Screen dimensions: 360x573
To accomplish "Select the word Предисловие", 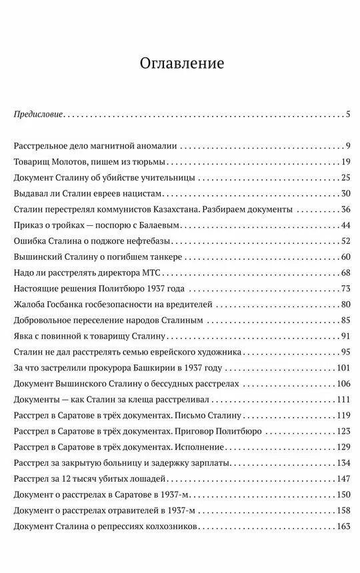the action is tap(39, 115).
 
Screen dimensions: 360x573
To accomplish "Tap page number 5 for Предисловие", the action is tap(348, 115).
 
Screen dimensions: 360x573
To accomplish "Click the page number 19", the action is tap(345, 162).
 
